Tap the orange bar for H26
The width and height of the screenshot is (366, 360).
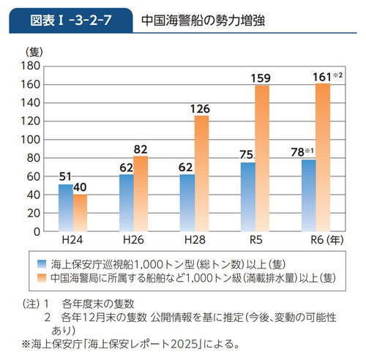click(141, 193)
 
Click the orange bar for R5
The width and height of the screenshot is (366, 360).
click(262, 157)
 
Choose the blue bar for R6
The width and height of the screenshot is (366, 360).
click(309, 195)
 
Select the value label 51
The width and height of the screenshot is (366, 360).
click(65, 176)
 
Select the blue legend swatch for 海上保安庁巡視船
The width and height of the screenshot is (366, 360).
click(43, 264)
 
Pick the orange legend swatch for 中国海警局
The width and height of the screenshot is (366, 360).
click(43, 278)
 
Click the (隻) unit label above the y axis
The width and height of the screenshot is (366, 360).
click(34, 51)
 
